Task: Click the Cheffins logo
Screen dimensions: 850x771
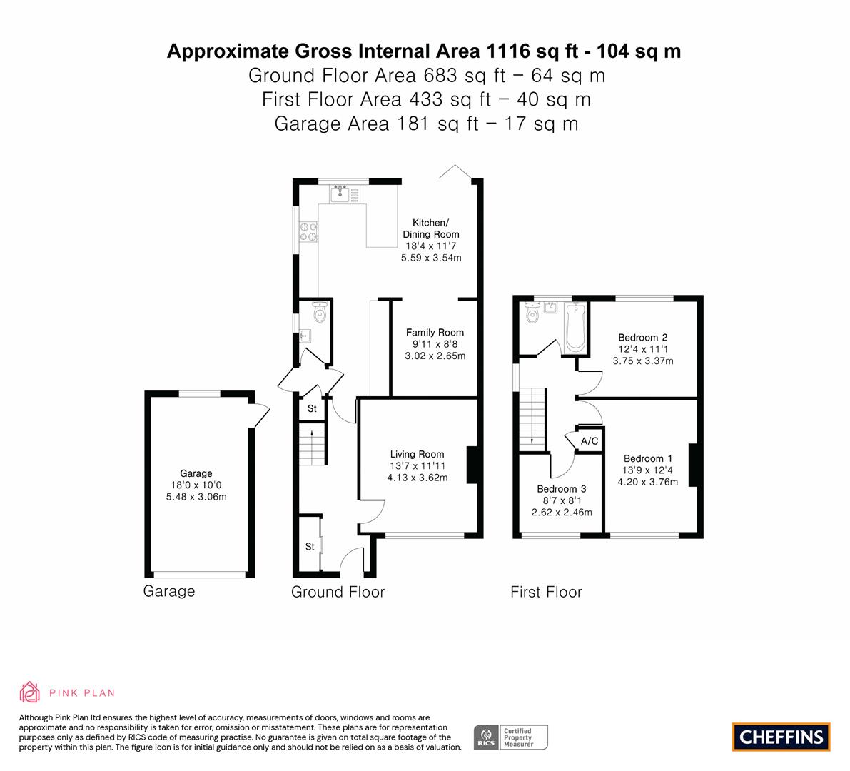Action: [781, 737]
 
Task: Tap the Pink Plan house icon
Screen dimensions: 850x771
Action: [30, 692]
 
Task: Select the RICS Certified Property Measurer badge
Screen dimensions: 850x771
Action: [511, 737]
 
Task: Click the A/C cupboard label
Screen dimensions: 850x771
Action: [590, 440]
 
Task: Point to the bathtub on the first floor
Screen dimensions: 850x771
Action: [575, 328]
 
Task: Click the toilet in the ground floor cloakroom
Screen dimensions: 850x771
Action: [320, 312]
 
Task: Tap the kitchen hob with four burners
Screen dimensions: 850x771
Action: [309, 231]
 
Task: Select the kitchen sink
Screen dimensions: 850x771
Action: [340, 193]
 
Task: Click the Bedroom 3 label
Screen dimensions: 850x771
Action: [562, 488]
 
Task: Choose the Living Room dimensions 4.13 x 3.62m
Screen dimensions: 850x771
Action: [418, 478]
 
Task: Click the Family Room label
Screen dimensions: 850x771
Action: [435, 333]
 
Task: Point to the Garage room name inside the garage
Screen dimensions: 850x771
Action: [196, 473]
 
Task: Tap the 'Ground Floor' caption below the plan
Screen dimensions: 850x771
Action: [338, 592]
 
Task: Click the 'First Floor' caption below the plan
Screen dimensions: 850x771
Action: [546, 592]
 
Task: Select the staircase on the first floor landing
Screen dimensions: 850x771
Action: [532, 419]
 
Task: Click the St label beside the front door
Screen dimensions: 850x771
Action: [310, 547]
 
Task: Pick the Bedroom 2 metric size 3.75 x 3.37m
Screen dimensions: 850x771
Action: [643, 361]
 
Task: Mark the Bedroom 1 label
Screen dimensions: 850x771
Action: [648, 458]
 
